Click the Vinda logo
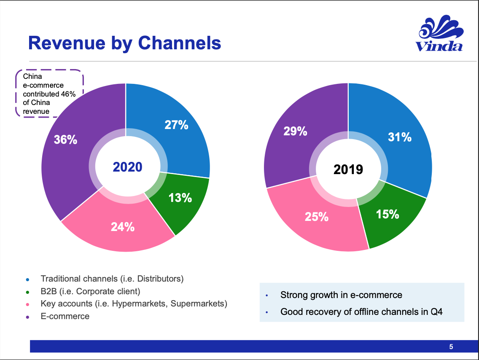[439, 34]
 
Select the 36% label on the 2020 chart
[66, 140]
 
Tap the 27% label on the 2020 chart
[176, 125]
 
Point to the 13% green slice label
[180, 198]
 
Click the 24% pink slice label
[123, 227]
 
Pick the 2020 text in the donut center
[128, 167]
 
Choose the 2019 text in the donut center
[348, 169]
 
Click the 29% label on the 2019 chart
[295, 132]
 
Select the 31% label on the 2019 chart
[400, 137]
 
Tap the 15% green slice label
[388, 214]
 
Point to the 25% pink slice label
[317, 217]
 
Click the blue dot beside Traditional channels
[28, 279]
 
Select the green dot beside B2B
[28, 292]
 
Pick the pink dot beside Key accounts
[28, 304]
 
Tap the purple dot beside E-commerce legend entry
[28, 317]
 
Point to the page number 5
[451, 347]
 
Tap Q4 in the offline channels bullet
[435, 312]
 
